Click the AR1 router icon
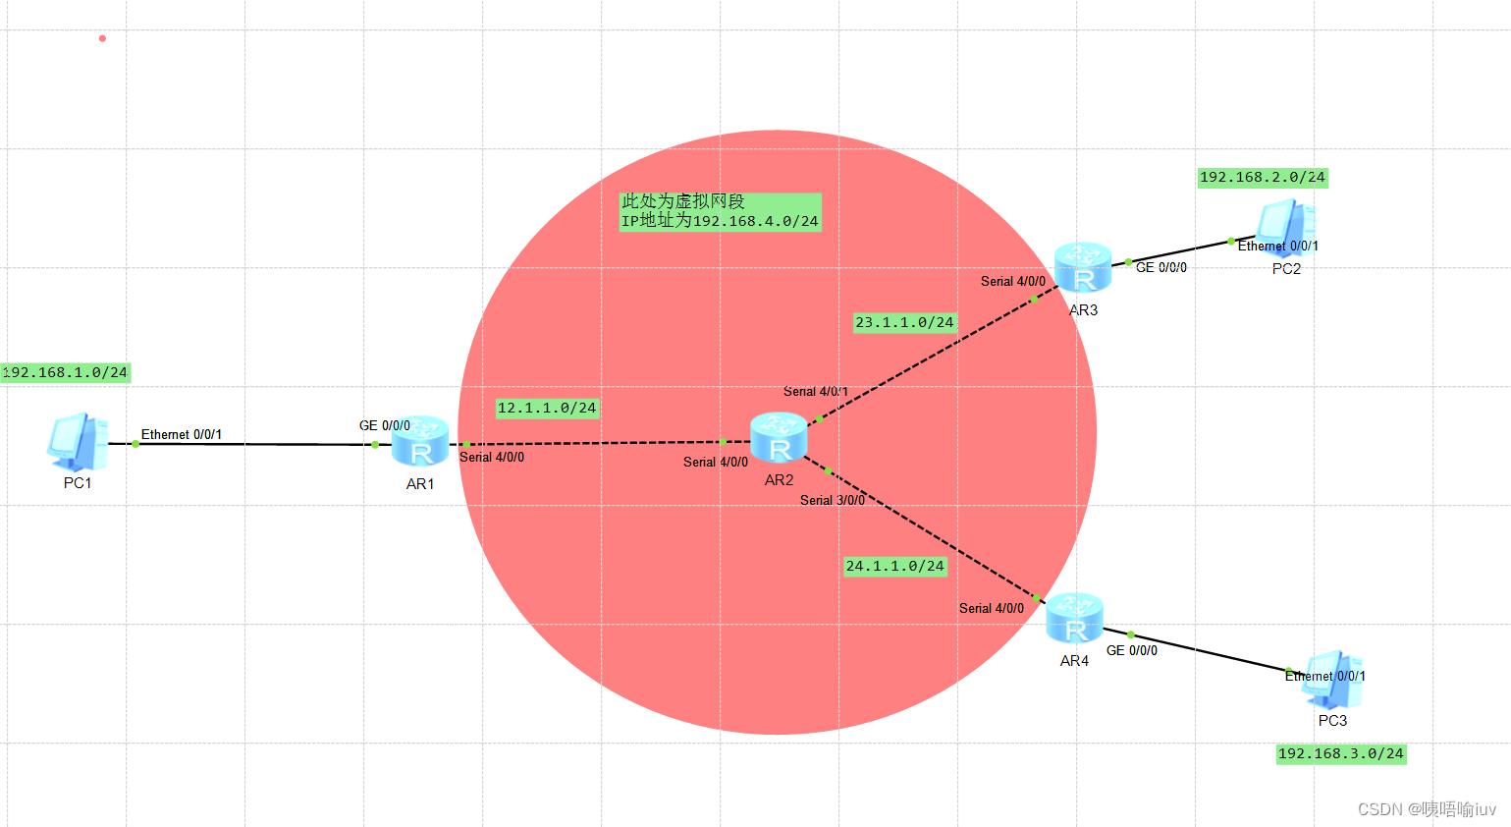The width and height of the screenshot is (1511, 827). (x=420, y=441)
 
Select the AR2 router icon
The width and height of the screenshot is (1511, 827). (x=779, y=437)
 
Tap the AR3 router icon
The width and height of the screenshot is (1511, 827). (x=1083, y=267)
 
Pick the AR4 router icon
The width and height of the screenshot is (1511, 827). (x=1075, y=618)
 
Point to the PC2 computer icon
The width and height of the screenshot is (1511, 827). (x=1285, y=227)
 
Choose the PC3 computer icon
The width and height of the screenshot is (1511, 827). (x=1332, y=680)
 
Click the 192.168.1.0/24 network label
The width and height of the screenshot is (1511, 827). (x=65, y=372)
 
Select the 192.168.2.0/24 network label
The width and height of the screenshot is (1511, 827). (x=1263, y=178)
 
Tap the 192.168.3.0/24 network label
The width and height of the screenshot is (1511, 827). (x=1341, y=754)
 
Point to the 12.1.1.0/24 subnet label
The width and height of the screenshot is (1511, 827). (x=547, y=408)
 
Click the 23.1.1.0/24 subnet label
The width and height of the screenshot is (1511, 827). (x=904, y=322)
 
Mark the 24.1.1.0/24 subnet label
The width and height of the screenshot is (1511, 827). (x=895, y=566)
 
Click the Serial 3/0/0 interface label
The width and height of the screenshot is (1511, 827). (x=833, y=500)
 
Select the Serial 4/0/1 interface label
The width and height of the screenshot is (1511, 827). (x=816, y=391)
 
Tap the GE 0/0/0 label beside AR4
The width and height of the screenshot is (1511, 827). (x=1132, y=650)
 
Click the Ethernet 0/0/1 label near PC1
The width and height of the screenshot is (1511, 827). (x=182, y=434)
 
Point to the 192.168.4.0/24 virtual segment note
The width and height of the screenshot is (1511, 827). (x=720, y=211)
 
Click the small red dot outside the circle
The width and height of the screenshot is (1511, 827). (x=102, y=38)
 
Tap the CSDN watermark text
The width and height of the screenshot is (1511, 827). (x=1427, y=809)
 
